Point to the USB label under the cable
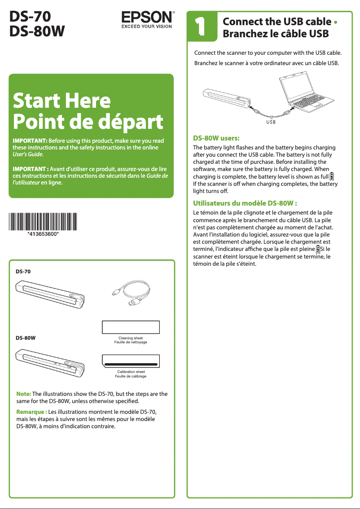(271, 122)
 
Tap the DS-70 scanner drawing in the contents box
(50, 294)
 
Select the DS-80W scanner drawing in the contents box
(50, 362)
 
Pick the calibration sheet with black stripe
(131, 361)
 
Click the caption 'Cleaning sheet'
(131, 338)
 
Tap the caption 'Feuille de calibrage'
(131, 376)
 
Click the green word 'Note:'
(23, 394)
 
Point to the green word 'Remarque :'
(31, 412)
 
